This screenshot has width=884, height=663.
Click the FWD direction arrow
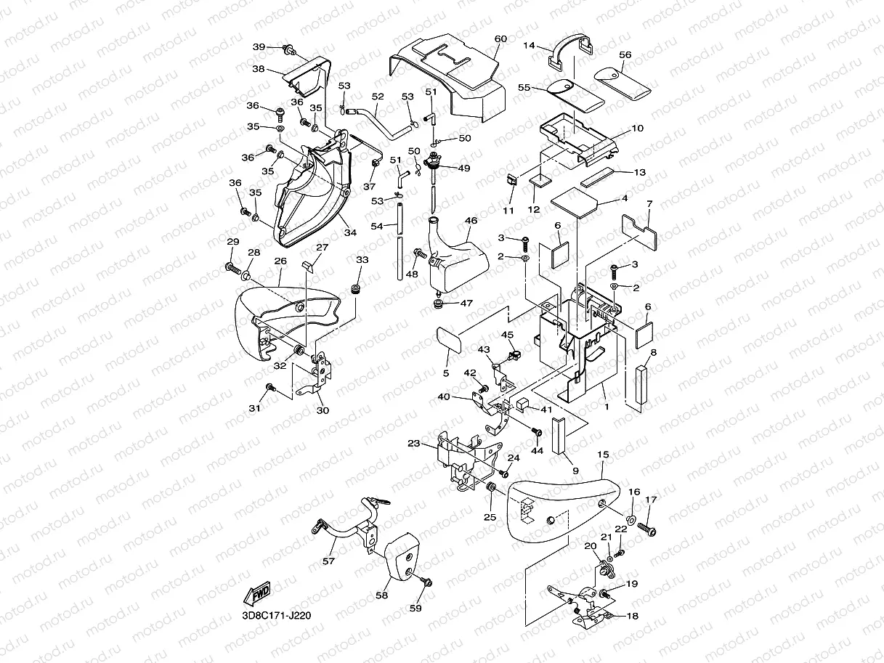coord(259,594)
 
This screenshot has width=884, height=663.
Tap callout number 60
coord(500,39)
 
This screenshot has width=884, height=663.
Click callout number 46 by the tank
coord(471,220)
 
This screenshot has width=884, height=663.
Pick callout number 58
coord(382,595)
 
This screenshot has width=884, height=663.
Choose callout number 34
coord(351,232)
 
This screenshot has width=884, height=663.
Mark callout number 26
coord(280,261)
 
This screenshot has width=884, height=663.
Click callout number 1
coord(606,407)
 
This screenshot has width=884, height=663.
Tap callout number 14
coord(530,46)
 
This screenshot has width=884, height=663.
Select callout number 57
coord(329,561)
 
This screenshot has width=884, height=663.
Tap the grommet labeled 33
coord(357,290)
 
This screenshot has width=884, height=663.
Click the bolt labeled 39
coord(290,50)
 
